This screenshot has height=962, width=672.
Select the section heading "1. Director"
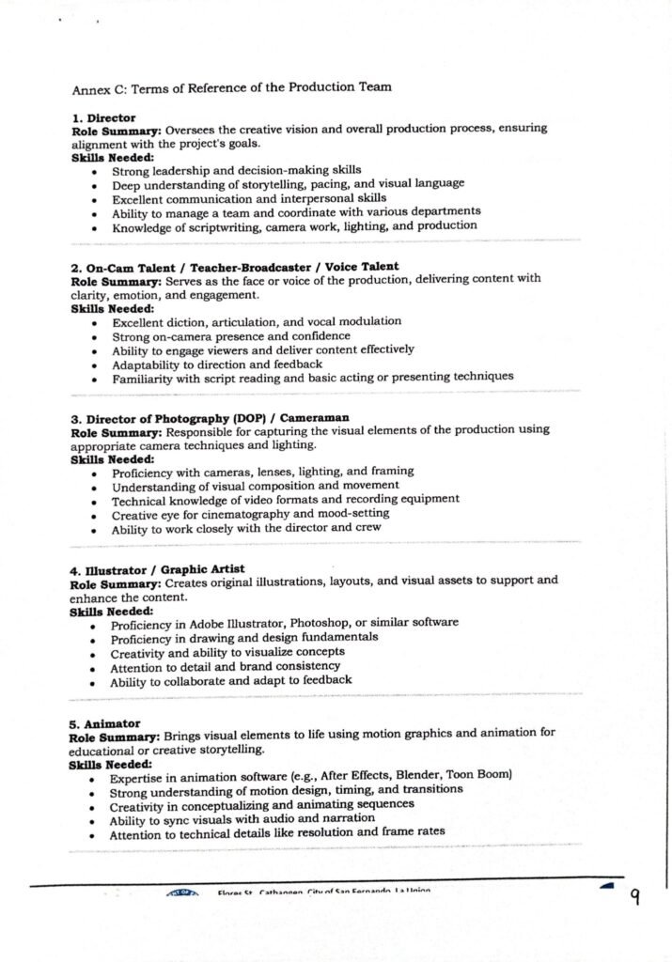pyautogui.click(x=104, y=118)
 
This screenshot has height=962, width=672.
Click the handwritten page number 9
pyautogui.click(x=635, y=897)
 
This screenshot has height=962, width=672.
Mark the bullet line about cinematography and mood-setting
pyautogui.click(x=250, y=514)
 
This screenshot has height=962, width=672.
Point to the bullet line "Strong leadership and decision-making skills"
pyautogui.click(x=223, y=171)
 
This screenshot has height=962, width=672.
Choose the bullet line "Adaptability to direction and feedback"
pyautogui.click(x=217, y=364)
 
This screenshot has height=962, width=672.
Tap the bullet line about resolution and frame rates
pyautogui.click(x=277, y=832)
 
